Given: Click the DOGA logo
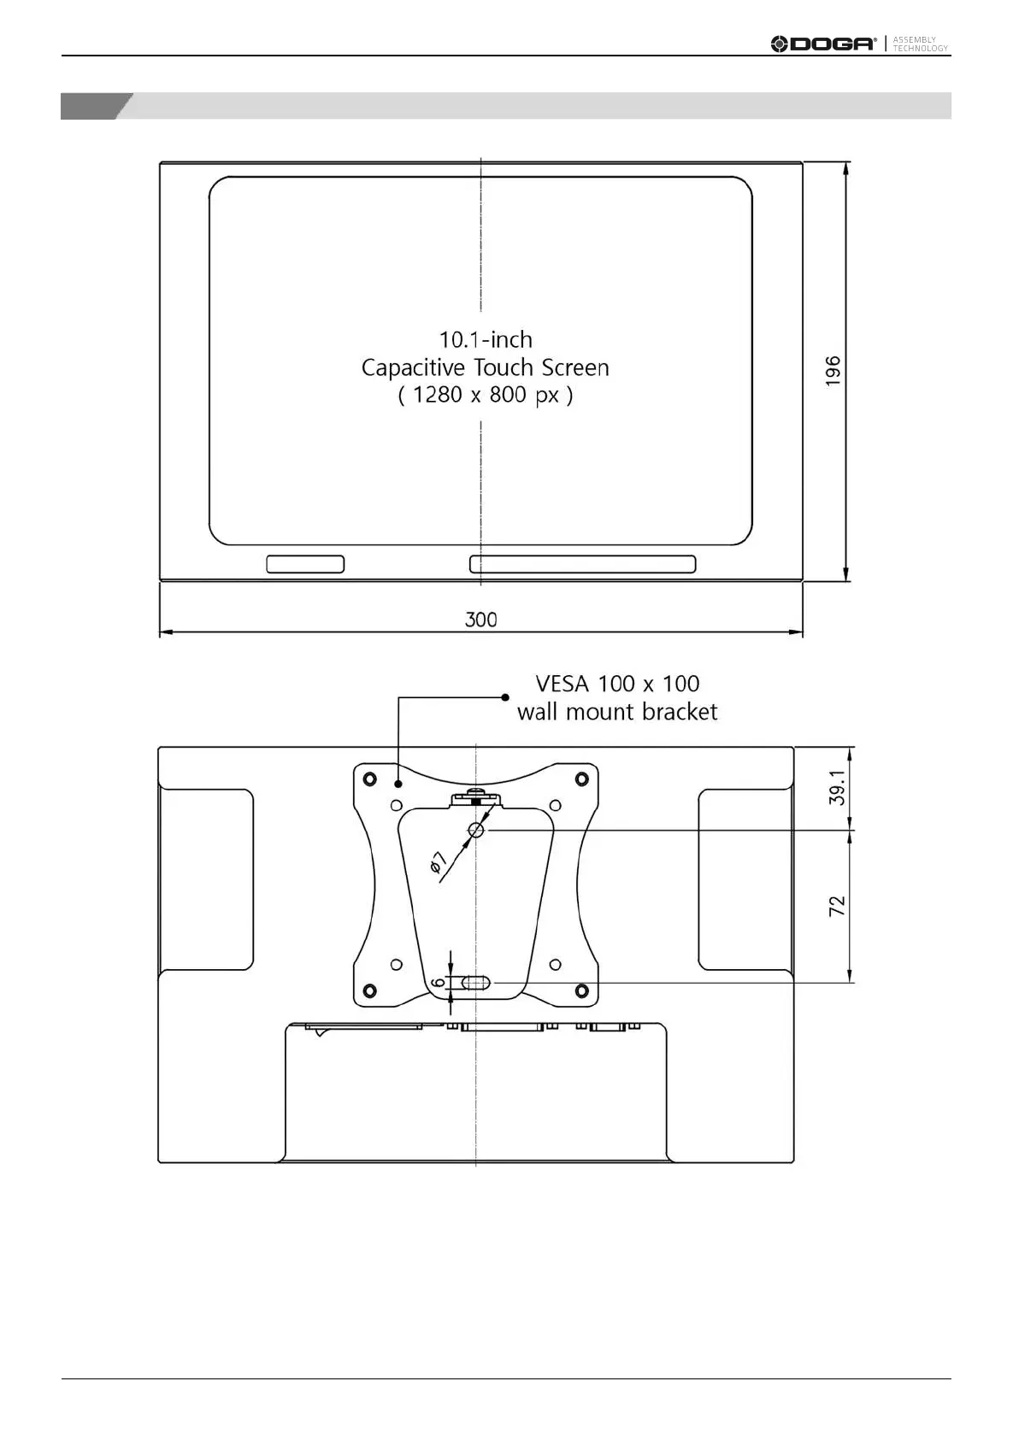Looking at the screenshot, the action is [x=823, y=44].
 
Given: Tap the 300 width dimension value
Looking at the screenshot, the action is [x=480, y=620].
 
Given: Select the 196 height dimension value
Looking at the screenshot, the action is [x=833, y=371].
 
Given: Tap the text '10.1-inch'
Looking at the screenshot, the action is [x=486, y=339].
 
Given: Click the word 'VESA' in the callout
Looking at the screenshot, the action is [x=562, y=684].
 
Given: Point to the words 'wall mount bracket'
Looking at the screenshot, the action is [x=617, y=712].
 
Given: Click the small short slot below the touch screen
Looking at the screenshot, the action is [x=305, y=564].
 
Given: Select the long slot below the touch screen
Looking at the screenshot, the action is [x=582, y=564].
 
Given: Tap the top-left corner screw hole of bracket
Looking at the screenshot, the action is [x=369, y=779].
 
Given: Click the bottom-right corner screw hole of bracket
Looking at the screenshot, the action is [x=581, y=990].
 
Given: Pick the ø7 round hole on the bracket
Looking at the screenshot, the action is [x=477, y=830].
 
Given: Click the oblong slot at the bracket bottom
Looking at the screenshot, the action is [x=476, y=984].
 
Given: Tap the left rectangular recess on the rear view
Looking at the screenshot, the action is [x=206, y=879].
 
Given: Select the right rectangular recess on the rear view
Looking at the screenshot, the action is [x=745, y=879].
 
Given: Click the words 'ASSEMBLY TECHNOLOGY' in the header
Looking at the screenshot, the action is [x=920, y=44].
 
